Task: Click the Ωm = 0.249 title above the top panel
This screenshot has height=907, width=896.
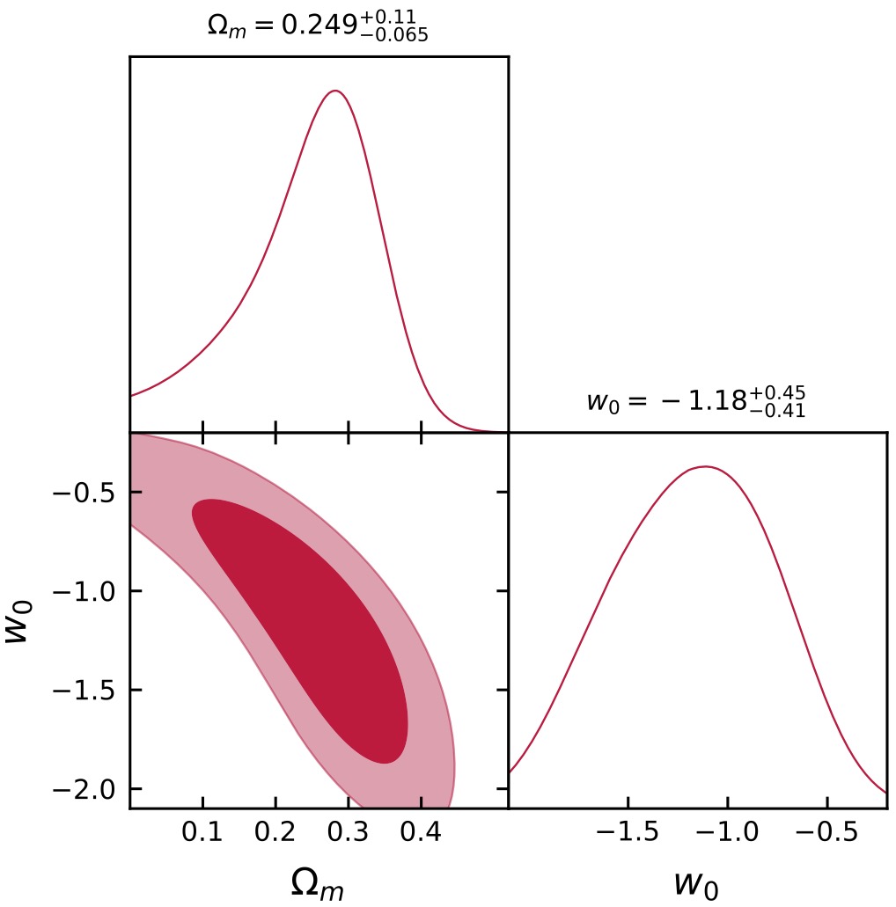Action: (x=317, y=26)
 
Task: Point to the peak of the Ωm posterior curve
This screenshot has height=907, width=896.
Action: (x=334, y=91)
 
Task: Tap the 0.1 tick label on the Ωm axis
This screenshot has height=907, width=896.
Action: (x=202, y=832)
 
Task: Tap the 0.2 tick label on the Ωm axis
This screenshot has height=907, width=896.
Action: (x=275, y=832)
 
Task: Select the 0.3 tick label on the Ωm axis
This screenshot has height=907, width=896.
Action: (x=349, y=832)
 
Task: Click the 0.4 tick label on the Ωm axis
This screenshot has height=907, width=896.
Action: (x=421, y=832)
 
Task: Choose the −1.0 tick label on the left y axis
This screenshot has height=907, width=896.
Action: (x=84, y=591)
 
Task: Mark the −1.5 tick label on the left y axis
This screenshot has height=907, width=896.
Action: (x=84, y=691)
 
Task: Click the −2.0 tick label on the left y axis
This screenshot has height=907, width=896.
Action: (x=84, y=790)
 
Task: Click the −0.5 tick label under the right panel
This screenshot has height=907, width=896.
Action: (x=827, y=832)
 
